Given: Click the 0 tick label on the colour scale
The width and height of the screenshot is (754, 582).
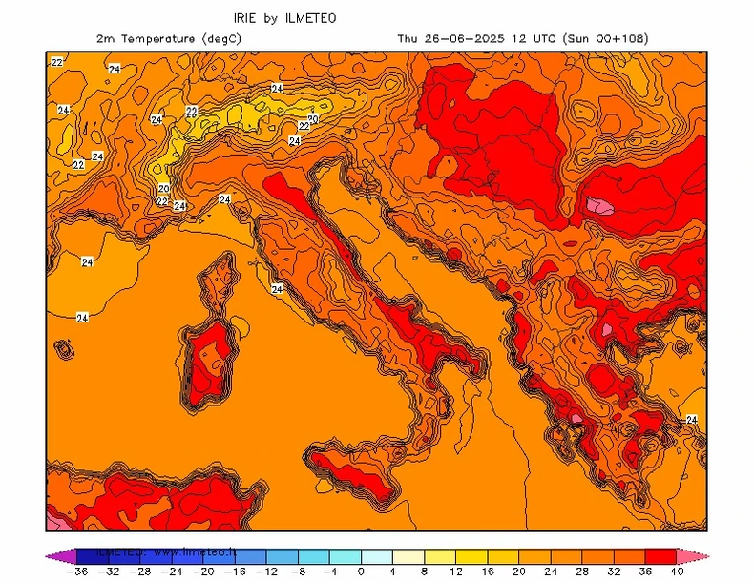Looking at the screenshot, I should coord(361,572).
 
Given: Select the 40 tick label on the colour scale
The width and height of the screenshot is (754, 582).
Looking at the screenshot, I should coord(677,572).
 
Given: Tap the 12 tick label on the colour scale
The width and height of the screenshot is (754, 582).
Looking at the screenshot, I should coord(455,572).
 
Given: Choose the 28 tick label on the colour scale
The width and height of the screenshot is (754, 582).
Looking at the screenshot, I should coord(581,572).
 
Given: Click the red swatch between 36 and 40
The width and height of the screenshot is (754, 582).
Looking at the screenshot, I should coord(660,555).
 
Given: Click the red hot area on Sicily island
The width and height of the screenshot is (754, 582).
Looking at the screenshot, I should coord(353,477).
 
